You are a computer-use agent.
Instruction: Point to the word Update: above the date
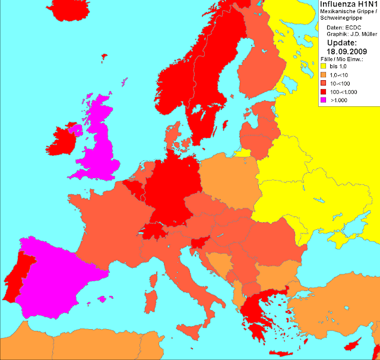click(x=343, y=43)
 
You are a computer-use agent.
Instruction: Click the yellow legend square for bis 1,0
click(x=324, y=65)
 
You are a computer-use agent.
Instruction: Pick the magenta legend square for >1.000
click(x=324, y=99)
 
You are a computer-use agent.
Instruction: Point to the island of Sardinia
click(x=150, y=303)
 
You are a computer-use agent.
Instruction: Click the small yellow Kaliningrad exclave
click(x=240, y=153)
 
